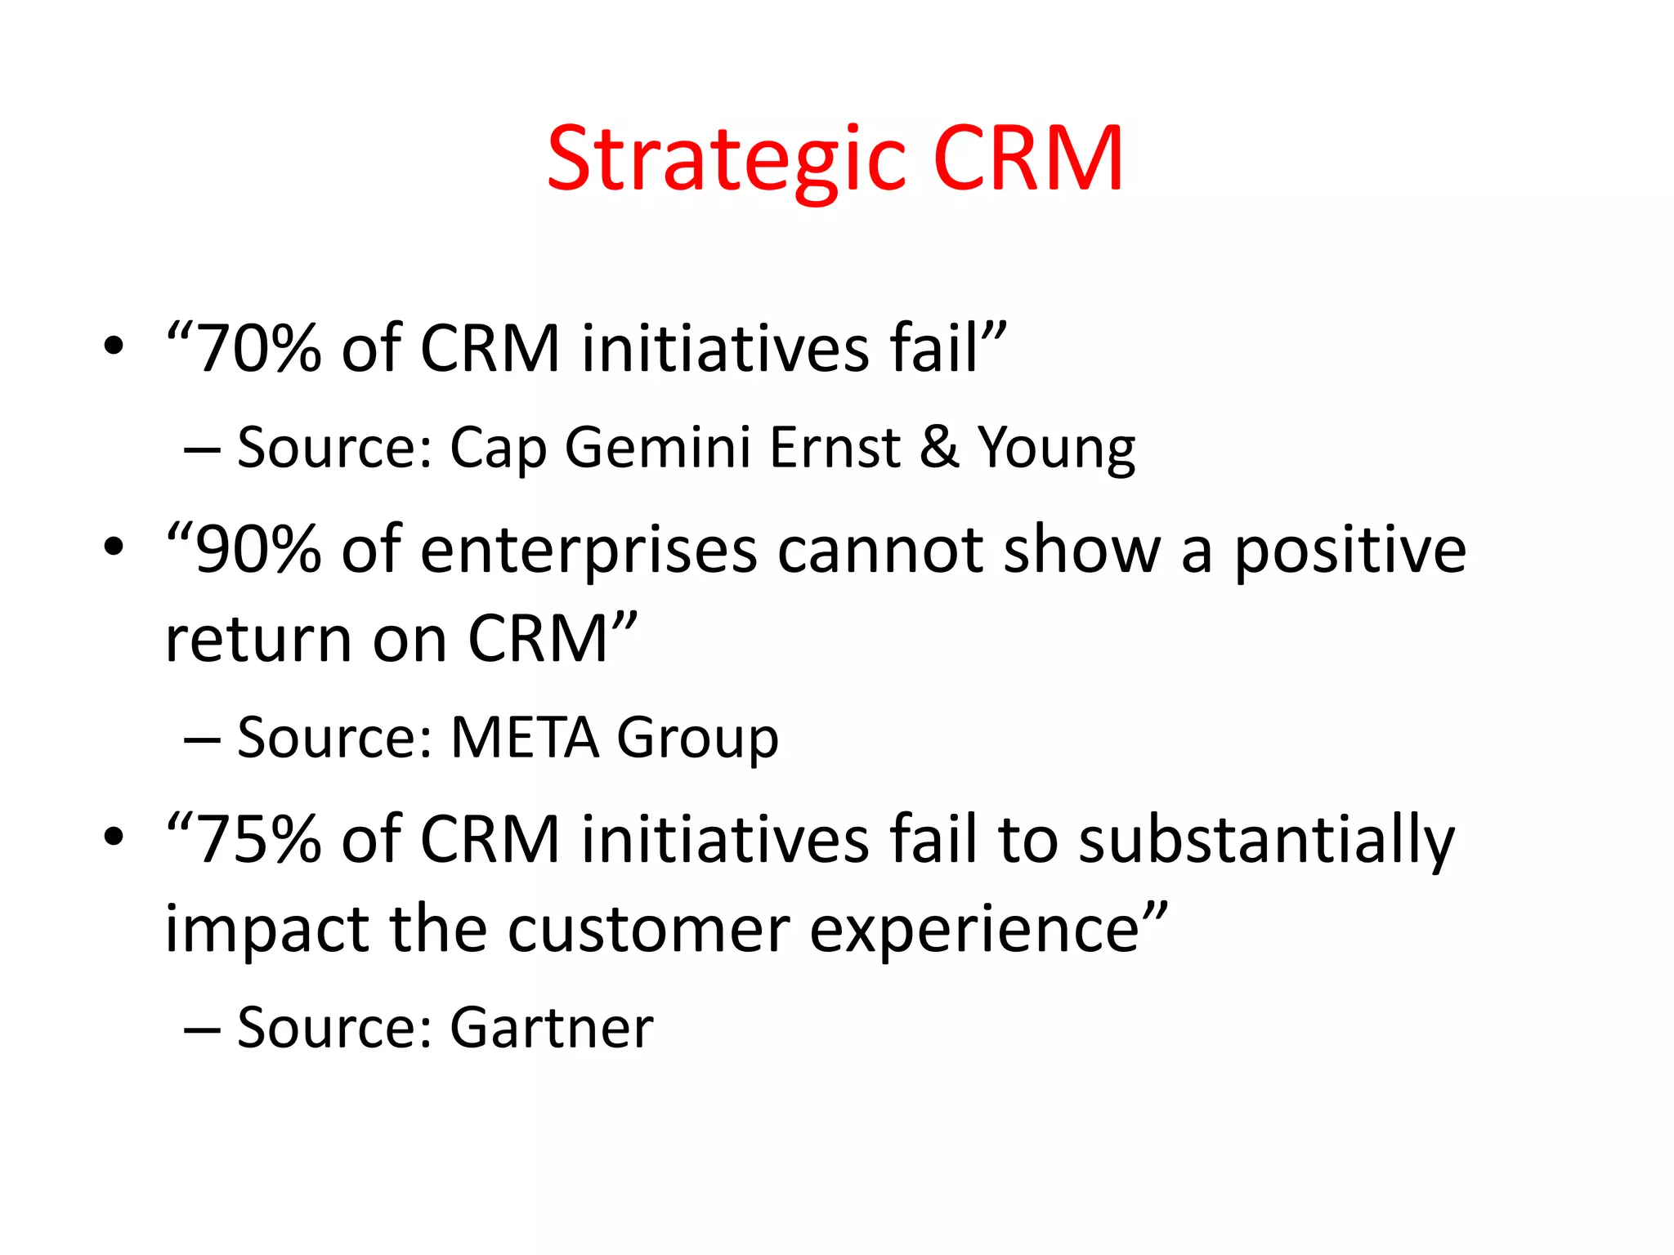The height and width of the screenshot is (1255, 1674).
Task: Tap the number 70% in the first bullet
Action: point(259,350)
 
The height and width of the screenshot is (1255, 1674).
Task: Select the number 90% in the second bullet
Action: point(259,551)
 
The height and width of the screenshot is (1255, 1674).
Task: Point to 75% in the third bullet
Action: point(259,841)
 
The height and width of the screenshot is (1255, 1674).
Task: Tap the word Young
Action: point(1057,449)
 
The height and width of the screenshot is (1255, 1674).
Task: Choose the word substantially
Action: point(1266,841)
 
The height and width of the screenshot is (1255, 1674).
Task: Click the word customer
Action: point(648,930)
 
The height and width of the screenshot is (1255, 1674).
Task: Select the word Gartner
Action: point(552,1028)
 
